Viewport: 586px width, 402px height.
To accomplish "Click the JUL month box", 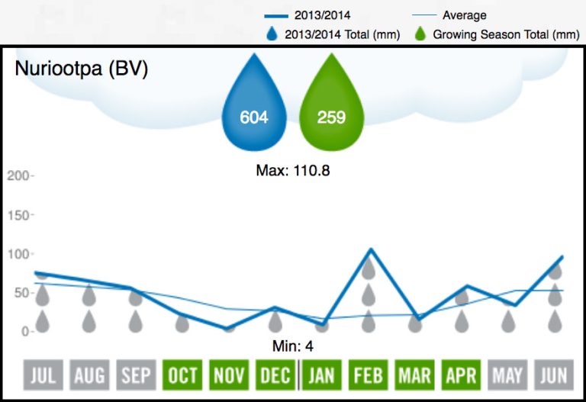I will tap(43, 375).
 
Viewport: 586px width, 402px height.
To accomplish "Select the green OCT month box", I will tap(182, 375).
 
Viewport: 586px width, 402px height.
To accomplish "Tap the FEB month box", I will tap(369, 375).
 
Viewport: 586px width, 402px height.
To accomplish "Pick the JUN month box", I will tap(555, 375).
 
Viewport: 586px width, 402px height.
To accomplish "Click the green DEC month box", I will tap(275, 375).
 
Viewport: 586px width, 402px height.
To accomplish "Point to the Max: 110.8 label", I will tap(292, 171).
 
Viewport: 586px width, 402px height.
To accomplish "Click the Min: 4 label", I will tap(293, 346).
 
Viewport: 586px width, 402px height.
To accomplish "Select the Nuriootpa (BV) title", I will tap(82, 69).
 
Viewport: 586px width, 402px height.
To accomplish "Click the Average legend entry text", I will tap(464, 15).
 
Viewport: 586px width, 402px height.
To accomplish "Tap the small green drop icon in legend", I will tap(419, 34).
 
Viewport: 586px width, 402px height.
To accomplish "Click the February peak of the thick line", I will tap(370, 249).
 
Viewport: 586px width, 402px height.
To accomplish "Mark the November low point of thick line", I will tap(229, 329).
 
